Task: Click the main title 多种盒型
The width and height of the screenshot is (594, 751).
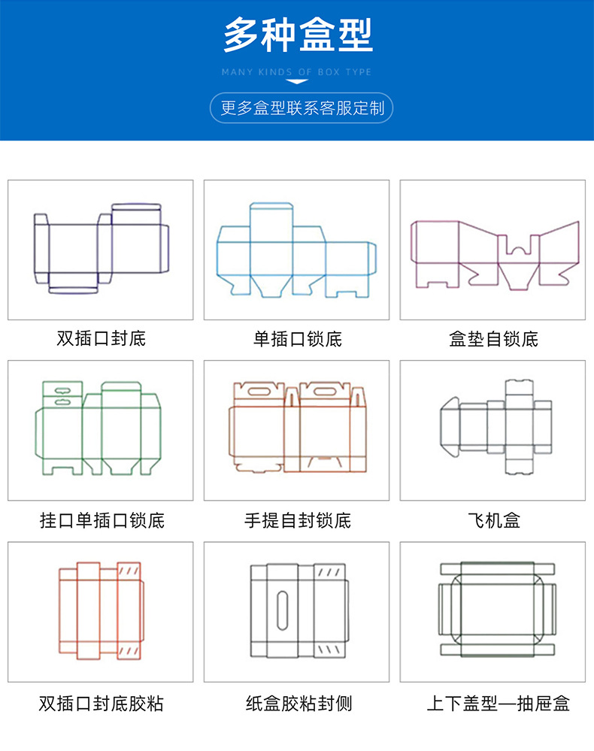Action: click(298, 35)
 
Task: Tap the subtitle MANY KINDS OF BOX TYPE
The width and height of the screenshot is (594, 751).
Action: click(297, 72)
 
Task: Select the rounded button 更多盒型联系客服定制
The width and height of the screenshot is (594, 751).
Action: click(302, 108)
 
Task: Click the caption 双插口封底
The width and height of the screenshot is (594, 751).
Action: click(101, 338)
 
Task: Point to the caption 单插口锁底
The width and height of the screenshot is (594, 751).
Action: click(297, 339)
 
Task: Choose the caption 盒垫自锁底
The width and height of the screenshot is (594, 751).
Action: click(493, 339)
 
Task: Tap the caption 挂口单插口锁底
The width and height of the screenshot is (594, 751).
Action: click(102, 519)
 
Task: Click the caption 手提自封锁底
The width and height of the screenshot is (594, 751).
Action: click(297, 519)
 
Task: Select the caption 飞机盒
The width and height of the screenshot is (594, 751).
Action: click(493, 519)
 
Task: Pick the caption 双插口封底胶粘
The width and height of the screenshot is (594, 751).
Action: click(102, 704)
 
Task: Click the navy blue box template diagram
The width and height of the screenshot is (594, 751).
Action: click(101, 247)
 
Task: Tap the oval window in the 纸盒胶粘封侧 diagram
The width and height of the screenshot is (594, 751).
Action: click(282, 610)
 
